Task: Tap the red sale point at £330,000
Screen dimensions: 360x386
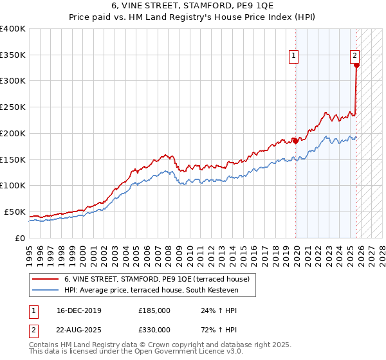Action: (356, 64)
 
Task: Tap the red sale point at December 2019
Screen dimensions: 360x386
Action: (296, 140)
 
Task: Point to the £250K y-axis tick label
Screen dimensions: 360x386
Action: (13, 107)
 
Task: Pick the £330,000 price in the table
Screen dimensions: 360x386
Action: (154, 329)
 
